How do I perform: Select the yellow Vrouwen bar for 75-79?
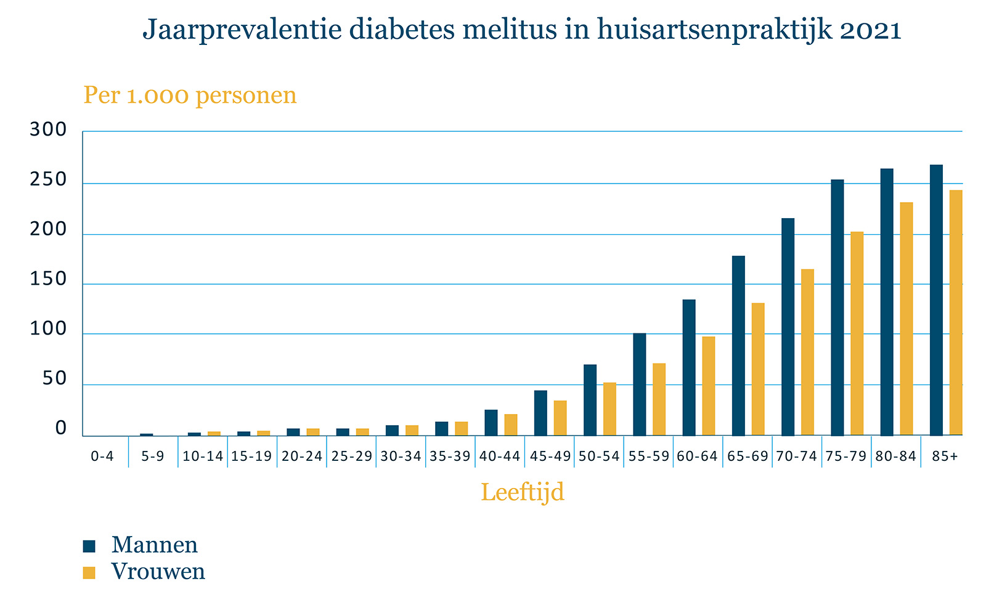coord(857,333)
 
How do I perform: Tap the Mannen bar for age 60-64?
coord(689,367)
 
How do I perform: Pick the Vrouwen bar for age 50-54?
coord(609,409)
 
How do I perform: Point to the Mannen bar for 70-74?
coord(788,327)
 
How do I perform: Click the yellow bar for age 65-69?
coord(758,369)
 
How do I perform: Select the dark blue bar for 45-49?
coord(540,413)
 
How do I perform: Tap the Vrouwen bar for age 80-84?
coord(906,319)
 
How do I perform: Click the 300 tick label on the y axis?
coord(48,130)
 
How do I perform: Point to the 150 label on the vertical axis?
coord(48,280)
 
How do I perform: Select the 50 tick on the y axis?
coord(54,380)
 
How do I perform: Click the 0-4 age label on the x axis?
coord(102,457)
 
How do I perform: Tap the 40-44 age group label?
coord(500,457)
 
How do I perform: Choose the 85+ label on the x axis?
coord(945,457)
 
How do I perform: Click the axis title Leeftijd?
coord(522,493)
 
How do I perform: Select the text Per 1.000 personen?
coord(190,95)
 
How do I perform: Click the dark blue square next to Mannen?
coord(90,546)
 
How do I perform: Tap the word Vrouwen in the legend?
coord(158,572)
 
